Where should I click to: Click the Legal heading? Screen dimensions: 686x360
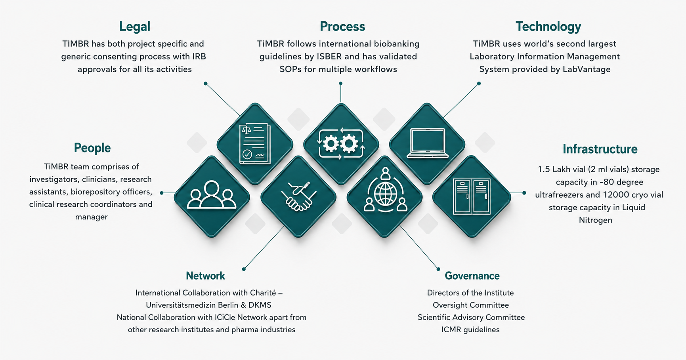click(134, 27)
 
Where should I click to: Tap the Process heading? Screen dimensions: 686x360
click(342, 27)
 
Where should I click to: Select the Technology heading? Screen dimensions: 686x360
click(548, 27)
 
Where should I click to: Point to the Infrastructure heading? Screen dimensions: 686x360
click(600, 149)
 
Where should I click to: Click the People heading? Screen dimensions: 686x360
click(92, 148)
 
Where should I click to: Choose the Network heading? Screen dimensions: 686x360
click(205, 276)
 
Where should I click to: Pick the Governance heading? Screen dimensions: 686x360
click(472, 276)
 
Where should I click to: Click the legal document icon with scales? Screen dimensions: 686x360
click(255, 144)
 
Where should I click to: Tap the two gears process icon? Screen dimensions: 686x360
click(341, 144)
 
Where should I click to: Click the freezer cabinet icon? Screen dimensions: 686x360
click(472, 197)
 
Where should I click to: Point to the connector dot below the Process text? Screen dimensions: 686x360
click(340, 84)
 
